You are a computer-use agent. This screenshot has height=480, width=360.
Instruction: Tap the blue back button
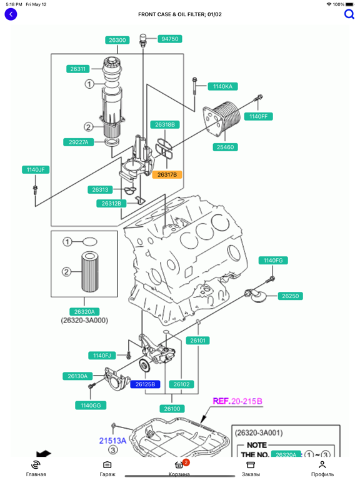coord(11,14)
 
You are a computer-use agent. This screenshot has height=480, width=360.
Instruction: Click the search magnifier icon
coord(349,14)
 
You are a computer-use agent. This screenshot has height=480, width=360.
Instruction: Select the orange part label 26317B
coord(167,174)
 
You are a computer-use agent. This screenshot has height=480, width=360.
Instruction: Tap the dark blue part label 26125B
coord(145,384)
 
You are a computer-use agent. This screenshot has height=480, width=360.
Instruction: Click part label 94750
coord(170,39)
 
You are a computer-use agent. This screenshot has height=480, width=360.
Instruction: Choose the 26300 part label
coord(117,40)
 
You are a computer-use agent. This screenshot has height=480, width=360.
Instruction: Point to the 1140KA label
coord(223,86)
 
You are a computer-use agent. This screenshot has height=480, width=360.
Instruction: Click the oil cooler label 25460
coord(225,147)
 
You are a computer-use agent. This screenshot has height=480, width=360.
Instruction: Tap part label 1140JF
coord(36,169)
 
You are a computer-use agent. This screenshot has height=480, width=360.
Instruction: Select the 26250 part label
coord(290,296)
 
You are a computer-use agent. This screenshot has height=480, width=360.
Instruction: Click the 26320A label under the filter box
coord(84,312)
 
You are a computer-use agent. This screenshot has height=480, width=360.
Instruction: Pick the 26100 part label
coord(172,409)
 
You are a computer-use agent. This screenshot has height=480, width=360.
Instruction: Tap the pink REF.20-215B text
coord(237,401)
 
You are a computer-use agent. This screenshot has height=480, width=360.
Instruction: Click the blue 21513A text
coord(112,441)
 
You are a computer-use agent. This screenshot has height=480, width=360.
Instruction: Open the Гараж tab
coord(107,468)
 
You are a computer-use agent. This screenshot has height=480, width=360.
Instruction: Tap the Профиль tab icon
coord(322,465)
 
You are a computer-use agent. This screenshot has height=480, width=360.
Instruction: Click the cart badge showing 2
coord(186,462)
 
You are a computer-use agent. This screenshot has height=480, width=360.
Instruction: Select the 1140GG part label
coord(91,405)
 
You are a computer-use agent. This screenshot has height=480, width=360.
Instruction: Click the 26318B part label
coord(165,124)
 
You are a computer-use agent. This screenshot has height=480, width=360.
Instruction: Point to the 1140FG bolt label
coord(273,260)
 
